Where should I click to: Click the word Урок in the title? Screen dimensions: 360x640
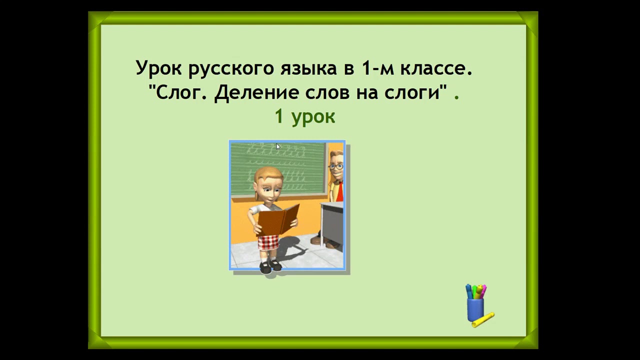click(159, 68)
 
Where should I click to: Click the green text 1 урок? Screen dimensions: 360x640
click(304, 117)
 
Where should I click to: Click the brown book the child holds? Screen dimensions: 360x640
click(278, 220)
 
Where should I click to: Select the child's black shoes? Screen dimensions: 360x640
click(270, 266)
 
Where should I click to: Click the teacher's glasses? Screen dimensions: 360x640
click(336, 166)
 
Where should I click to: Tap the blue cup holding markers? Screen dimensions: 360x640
click(475, 309)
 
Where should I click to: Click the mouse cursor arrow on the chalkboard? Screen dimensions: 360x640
click(278, 146)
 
